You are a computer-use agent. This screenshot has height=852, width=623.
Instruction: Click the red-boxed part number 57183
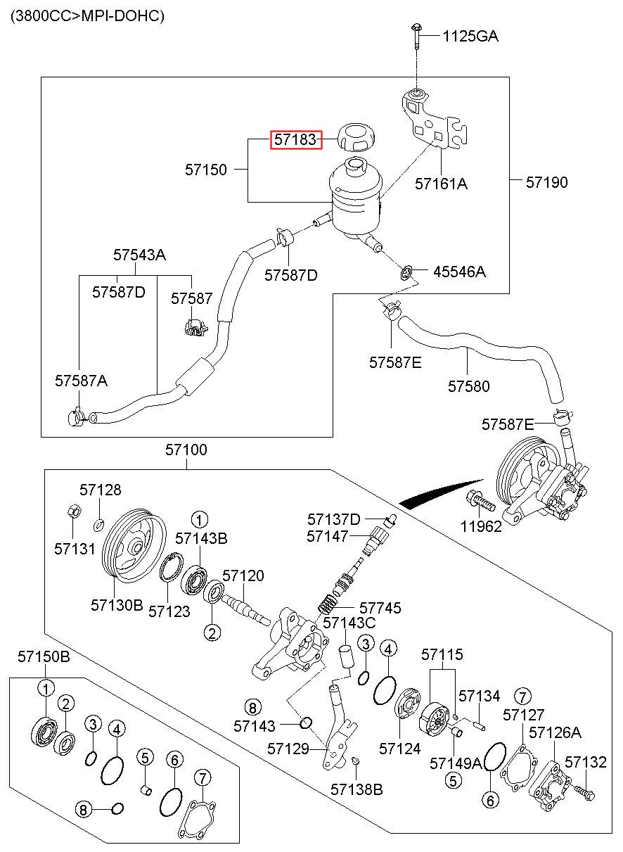(x=295, y=139)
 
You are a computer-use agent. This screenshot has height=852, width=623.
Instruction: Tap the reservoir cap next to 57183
(x=356, y=137)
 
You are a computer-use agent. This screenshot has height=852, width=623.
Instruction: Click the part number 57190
(x=546, y=183)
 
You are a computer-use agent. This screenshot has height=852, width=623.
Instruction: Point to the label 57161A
(x=441, y=184)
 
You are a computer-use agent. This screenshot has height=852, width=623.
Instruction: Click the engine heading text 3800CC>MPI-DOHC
(x=88, y=16)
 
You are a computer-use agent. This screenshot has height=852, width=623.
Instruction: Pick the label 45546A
(x=460, y=272)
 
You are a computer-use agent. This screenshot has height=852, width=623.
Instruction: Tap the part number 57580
(x=468, y=386)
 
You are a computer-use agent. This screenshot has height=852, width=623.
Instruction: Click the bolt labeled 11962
(x=480, y=502)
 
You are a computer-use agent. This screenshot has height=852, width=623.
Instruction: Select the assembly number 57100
(x=186, y=450)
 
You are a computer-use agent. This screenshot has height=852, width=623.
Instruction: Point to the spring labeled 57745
(x=328, y=605)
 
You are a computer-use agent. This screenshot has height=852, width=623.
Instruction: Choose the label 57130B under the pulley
(x=117, y=605)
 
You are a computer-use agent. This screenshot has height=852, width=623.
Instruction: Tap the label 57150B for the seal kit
(x=44, y=657)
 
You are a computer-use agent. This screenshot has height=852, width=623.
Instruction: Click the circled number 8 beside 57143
(x=252, y=708)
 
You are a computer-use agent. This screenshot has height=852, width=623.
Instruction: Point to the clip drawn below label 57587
(x=195, y=327)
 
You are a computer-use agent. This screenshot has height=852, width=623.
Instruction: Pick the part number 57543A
(x=139, y=255)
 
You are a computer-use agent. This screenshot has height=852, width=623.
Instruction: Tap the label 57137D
(x=334, y=519)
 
